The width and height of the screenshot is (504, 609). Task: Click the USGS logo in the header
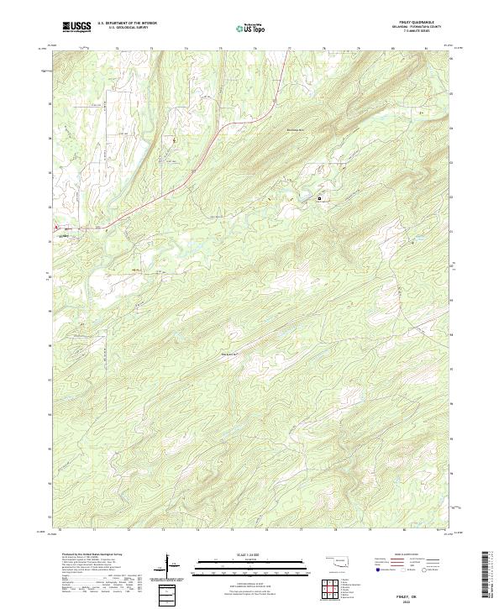tap(76, 27)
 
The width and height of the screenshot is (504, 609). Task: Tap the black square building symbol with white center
tap(319, 198)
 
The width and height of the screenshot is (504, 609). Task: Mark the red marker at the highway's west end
tap(56, 227)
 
